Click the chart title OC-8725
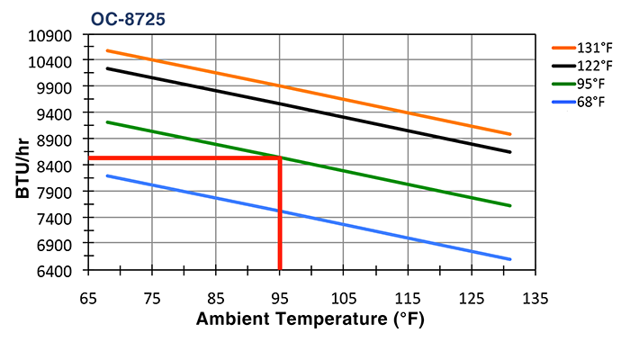[128, 18]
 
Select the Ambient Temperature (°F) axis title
[310, 319]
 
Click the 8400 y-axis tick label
[57, 166]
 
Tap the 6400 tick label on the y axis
[57, 270]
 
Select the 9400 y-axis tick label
[57, 113]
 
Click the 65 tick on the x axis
[88, 296]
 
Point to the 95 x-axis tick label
[280, 296]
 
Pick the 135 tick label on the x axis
[535, 296]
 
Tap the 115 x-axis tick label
[407, 296]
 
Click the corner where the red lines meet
[280, 158]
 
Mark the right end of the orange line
[510, 134]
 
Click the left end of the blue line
[107, 175]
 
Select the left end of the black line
[107, 68]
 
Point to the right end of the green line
[510, 206]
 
